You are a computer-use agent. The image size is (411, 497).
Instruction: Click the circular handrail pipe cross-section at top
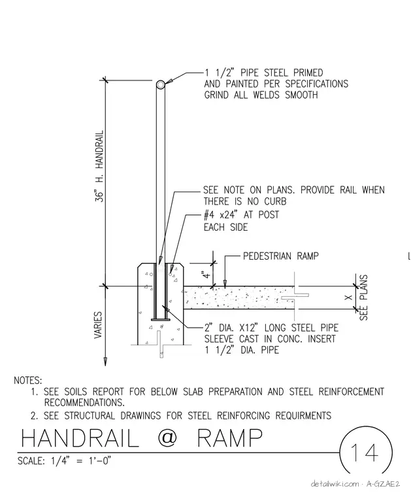tap(161, 84)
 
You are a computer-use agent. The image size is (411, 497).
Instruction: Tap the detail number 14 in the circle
tap(365, 453)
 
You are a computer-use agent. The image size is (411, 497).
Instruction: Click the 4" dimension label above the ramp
tap(206, 274)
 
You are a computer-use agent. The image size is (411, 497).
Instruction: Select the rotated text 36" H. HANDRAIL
tap(99, 166)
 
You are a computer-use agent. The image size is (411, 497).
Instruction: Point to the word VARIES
tap(98, 325)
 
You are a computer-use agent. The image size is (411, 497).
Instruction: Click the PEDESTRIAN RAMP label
tap(280, 256)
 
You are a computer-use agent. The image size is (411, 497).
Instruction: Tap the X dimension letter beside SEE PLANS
tap(348, 298)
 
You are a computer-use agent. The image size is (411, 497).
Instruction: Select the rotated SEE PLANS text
tap(363, 298)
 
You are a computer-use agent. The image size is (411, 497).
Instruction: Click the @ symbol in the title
tap(167, 437)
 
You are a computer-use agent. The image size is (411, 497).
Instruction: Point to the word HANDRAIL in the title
tap(80, 437)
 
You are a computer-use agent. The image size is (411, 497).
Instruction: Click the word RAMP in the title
tap(229, 437)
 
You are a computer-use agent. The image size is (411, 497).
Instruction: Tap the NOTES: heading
tap(28, 380)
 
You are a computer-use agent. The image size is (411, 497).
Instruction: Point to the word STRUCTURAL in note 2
tap(90, 415)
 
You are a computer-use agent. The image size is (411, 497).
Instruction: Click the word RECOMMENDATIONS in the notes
tap(84, 403)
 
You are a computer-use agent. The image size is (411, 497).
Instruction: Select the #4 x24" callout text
tap(220, 214)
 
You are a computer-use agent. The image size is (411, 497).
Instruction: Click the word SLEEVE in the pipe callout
tap(219, 339)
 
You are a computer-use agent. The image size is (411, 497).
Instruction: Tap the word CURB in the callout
tap(275, 201)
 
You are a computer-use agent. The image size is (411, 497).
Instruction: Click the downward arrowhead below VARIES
tap(105, 362)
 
